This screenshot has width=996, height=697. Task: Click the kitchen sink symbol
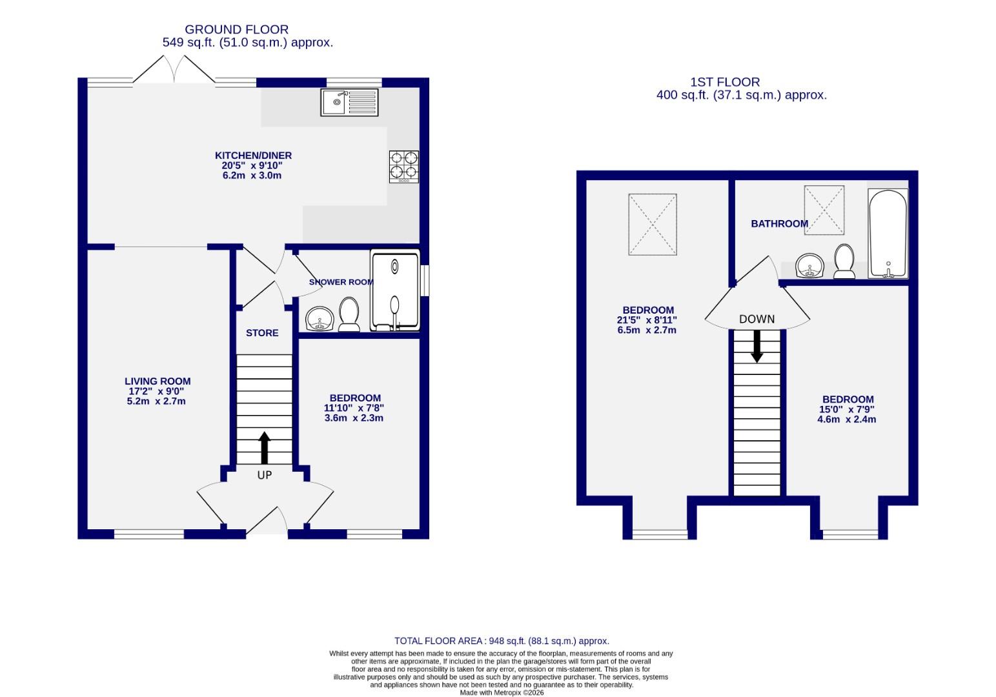349,103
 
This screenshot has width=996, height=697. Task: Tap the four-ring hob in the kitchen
404,166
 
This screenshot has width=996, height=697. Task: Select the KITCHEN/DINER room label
253,156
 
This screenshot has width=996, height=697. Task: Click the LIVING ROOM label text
158,381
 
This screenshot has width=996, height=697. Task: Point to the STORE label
262,333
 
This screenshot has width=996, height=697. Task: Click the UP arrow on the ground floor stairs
265,447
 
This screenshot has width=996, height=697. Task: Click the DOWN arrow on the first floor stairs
757,347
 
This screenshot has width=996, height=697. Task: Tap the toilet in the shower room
349,314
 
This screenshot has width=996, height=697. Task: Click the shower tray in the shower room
395,292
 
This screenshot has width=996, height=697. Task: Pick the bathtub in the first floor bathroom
888,234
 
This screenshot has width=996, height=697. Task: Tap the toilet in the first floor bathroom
844,261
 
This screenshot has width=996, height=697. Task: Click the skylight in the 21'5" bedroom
653,225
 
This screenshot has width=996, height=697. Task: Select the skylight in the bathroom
824,210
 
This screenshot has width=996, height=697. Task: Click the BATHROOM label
779,224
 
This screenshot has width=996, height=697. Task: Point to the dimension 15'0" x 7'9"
848,409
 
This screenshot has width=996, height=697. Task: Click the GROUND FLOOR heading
236,30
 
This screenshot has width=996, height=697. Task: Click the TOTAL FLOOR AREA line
502,641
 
